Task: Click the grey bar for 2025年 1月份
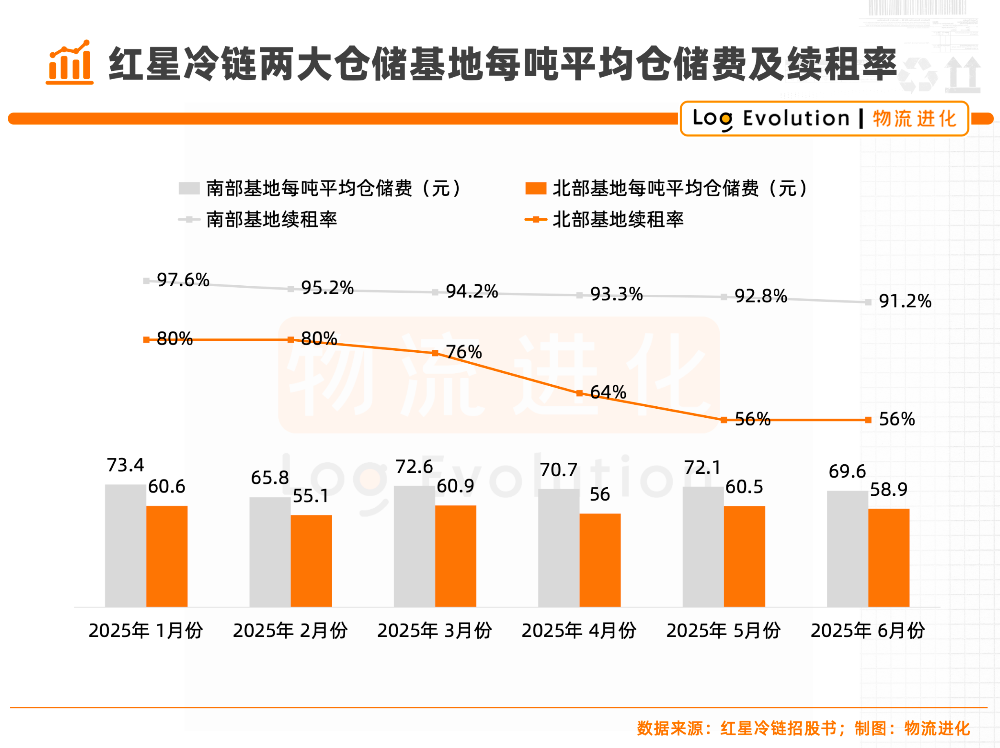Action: click(125, 545)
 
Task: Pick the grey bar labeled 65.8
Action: click(270, 552)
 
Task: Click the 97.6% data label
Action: click(183, 280)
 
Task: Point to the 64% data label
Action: click(608, 392)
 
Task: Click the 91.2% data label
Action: click(905, 301)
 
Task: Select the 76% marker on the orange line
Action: click(435, 353)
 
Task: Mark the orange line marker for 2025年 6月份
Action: click(868, 420)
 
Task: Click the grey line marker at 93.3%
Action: click(580, 295)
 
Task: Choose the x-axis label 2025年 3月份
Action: click(435, 630)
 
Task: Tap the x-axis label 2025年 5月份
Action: click(723, 630)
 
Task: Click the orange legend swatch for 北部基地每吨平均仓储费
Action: click(536, 188)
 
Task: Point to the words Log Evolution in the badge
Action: click(771, 119)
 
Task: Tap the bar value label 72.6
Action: click(414, 467)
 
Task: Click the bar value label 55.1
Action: click(310, 496)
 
